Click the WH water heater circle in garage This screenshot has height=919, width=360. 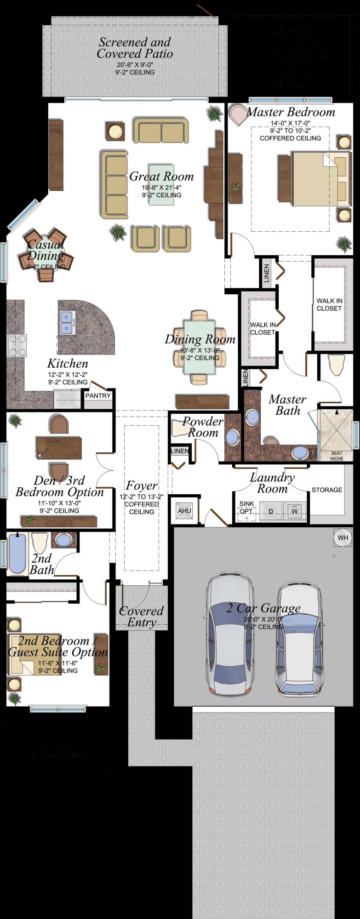point(343,537)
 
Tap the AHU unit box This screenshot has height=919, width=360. point(184,511)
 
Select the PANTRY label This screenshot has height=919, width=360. point(98,395)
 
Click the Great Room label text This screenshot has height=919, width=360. point(161,177)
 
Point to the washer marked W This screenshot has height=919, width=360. point(294,511)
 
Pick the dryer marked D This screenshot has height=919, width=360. point(271,511)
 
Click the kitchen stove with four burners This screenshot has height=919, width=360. point(17,345)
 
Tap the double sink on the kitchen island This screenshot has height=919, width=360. point(67,322)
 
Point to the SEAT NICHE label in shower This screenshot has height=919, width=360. point(337,456)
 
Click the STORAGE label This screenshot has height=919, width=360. point(327,490)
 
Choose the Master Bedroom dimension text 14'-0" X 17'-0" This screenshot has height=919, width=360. point(290,123)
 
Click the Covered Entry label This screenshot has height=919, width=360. point(141,616)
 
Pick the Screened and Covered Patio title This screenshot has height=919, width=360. point(135,48)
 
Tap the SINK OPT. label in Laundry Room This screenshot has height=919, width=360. point(246,508)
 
